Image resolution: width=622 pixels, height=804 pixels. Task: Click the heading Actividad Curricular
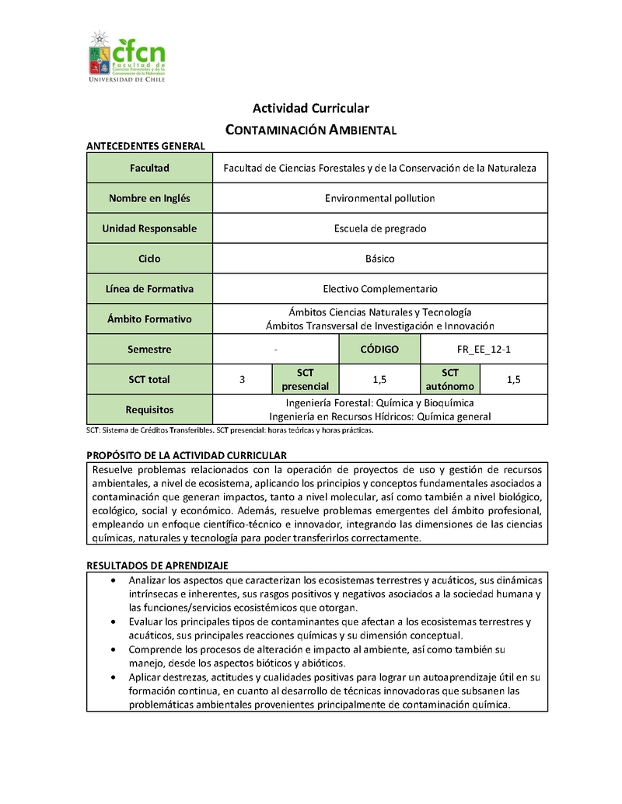point(310,108)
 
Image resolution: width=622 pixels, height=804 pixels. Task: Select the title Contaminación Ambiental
point(310,130)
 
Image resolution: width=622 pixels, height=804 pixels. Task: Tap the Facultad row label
point(149,168)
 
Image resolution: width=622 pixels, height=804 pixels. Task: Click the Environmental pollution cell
point(379,198)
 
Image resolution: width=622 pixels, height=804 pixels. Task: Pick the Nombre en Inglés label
point(149,198)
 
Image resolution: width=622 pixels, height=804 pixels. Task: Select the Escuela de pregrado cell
point(379,228)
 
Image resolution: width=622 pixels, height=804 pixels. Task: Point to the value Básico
point(379,259)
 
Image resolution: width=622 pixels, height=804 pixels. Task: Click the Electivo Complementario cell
point(379,289)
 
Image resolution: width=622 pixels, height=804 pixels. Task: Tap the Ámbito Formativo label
point(149,318)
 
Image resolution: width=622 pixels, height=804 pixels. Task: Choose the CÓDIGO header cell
point(379,350)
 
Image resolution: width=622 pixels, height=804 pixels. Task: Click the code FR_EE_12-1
point(484,350)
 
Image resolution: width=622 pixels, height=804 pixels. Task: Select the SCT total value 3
point(243,380)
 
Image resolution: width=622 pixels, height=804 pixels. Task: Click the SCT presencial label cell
point(305,380)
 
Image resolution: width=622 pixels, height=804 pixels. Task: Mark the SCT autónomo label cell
point(450,380)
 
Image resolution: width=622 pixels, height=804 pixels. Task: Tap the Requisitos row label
point(149,409)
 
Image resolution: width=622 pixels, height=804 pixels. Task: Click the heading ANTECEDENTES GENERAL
point(145,146)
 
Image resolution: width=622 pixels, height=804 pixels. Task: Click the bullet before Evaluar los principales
point(115,622)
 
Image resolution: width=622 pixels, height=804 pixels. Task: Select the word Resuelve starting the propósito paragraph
point(114,470)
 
